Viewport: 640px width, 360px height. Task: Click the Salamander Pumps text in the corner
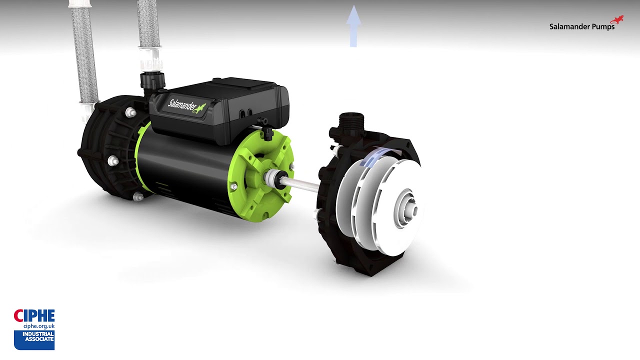581,27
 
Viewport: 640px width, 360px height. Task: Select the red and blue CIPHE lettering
34,315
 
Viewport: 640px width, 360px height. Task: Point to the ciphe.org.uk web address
39,326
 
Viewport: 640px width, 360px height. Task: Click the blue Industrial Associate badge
34,340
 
